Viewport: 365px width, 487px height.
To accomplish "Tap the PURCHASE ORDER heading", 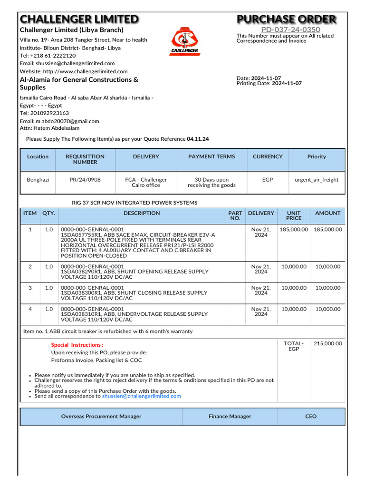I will (x=287, y=19).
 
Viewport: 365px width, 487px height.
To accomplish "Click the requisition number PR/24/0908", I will (x=85, y=180).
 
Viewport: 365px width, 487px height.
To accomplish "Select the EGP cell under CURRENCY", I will (x=268, y=180).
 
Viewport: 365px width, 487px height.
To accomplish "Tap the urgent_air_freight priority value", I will (x=317, y=180).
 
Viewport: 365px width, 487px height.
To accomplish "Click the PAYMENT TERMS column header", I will (x=211, y=156).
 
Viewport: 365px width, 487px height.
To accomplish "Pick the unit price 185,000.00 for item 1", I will (x=294, y=229).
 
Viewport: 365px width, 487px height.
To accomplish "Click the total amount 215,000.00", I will (x=328, y=343).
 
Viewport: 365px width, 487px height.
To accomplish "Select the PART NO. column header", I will (x=235, y=216).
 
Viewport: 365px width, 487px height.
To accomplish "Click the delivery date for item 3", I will (x=261, y=291).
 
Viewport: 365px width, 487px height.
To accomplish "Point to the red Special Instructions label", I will (x=77, y=345).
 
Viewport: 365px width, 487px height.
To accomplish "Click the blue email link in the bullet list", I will (x=142, y=396).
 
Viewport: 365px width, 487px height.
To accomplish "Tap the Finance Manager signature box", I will (x=230, y=416).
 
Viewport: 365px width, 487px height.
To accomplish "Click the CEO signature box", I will (x=311, y=416).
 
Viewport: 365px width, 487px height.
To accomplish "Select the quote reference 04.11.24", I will (x=198, y=139).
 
